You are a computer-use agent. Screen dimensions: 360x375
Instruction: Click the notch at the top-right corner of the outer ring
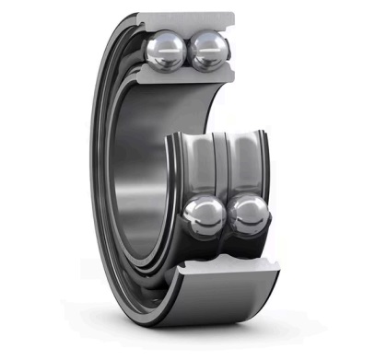(231, 17)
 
